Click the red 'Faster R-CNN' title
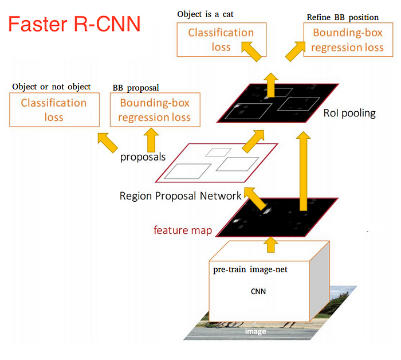(x=74, y=24)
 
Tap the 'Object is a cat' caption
(x=205, y=14)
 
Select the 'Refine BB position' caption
(x=343, y=17)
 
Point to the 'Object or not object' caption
(x=52, y=87)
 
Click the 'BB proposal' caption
(x=136, y=88)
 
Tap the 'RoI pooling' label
(x=349, y=113)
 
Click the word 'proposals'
(x=143, y=157)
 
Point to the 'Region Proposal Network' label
(x=180, y=196)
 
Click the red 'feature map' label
(x=183, y=230)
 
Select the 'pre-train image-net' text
(x=250, y=269)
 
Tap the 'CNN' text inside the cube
(x=258, y=291)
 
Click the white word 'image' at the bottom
(x=255, y=331)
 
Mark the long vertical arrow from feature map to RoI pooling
(x=303, y=171)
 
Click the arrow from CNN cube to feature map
(x=271, y=245)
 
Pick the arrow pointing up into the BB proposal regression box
(x=151, y=140)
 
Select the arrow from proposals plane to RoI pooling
(x=253, y=141)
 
